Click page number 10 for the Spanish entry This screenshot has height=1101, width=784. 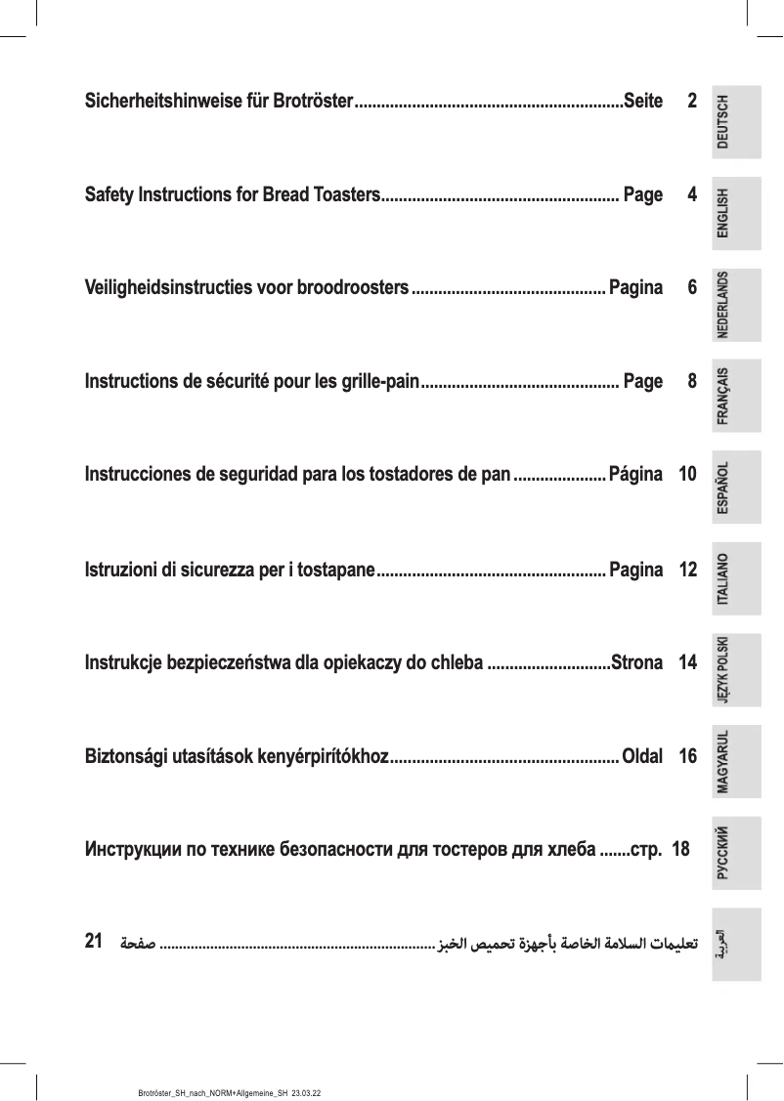pos(687,475)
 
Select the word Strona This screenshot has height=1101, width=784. pos(636,662)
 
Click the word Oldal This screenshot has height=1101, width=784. pos(642,756)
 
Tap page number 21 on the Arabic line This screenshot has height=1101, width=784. pos(95,942)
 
